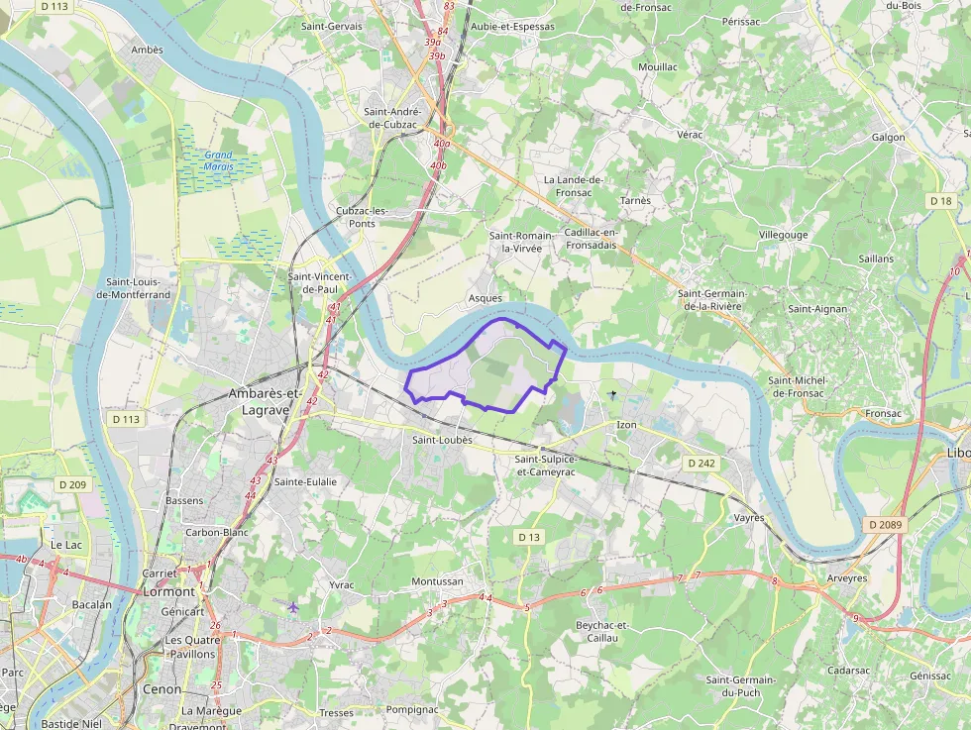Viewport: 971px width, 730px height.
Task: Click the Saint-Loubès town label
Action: (441, 439)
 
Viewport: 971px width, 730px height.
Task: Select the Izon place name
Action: (626, 425)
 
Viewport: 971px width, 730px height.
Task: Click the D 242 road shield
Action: (701, 463)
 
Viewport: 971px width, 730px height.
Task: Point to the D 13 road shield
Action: (529, 537)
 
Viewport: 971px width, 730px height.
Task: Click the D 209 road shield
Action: (72, 484)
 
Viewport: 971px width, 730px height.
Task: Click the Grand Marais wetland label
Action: (218, 160)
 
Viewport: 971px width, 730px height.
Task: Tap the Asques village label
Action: (485, 298)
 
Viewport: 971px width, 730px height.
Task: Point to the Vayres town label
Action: (748, 518)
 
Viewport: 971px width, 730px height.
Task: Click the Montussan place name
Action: (437, 581)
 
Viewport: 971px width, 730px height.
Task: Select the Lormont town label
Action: (169, 591)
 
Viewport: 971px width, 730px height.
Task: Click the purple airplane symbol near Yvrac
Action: (292, 606)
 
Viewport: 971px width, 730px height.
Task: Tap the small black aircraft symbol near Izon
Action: (612, 395)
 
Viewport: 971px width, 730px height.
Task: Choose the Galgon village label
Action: (888, 138)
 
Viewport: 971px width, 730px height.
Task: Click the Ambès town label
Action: (147, 49)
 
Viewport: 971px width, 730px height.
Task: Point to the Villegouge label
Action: (783, 235)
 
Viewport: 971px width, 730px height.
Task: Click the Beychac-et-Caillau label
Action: (602, 631)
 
